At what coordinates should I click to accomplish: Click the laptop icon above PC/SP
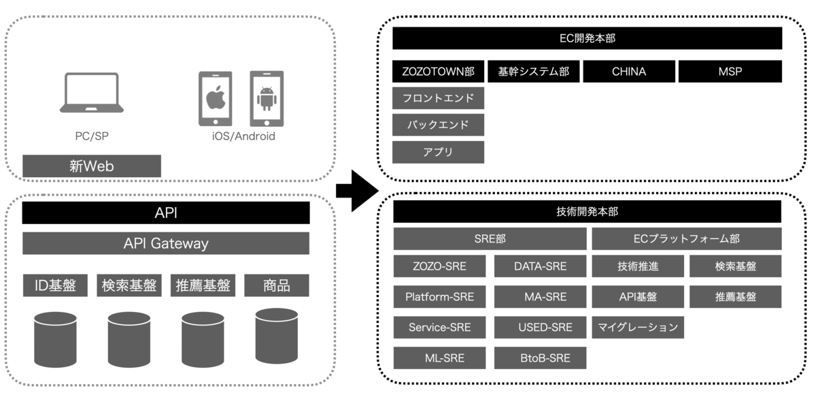click(92, 93)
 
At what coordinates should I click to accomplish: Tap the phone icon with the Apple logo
click(215, 99)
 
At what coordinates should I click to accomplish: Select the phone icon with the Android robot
click(266, 98)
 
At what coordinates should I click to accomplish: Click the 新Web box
click(92, 166)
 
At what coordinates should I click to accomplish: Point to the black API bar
click(166, 213)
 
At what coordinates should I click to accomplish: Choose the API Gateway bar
click(166, 243)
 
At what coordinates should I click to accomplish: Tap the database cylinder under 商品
click(276, 335)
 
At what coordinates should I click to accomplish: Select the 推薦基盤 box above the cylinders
click(203, 285)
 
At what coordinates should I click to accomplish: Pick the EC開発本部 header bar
click(587, 38)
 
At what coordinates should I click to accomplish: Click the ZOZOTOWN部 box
click(439, 72)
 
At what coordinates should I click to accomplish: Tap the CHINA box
click(629, 72)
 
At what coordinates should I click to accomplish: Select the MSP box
click(730, 72)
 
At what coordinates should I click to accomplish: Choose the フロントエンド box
click(439, 98)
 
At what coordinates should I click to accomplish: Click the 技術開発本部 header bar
click(587, 212)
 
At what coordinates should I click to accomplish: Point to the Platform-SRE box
click(440, 297)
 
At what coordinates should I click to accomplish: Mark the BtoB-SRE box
click(541, 358)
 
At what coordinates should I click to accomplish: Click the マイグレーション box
click(638, 328)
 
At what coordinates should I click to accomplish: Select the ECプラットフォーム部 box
click(687, 239)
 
